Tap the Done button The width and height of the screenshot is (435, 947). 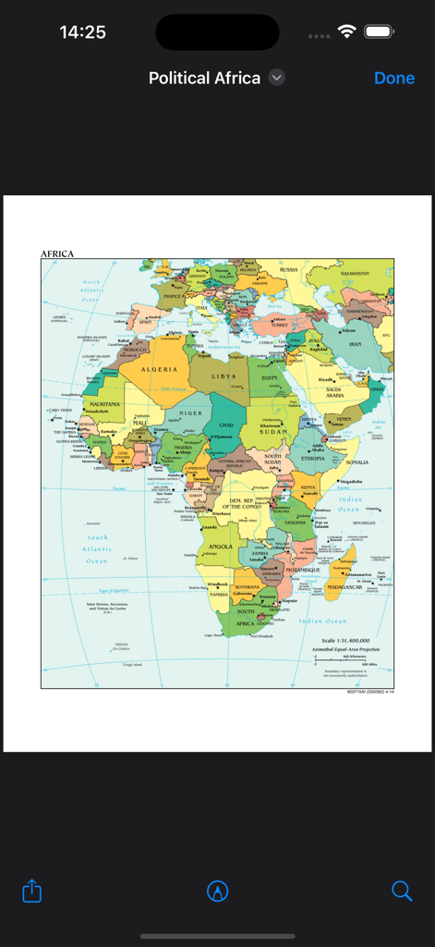[394, 79]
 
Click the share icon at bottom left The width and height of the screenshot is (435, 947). [32, 891]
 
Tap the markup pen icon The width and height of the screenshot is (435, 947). [218, 891]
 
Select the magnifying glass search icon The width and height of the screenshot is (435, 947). [402, 891]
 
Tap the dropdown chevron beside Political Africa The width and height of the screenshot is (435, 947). [277, 79]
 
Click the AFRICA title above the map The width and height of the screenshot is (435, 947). [57, 253]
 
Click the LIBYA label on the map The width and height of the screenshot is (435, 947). [224, 376]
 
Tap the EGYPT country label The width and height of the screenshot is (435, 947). [270, 378]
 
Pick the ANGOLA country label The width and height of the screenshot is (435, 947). [221, 546]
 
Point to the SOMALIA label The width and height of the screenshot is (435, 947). [356, 461]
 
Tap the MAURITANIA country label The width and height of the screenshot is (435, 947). [104, 404]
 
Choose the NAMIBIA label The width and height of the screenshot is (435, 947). [218, 594]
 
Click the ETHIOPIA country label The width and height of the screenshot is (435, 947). [312, 458]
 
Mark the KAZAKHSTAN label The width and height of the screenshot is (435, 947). [355, 274]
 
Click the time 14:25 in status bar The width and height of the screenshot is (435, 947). [82, 32]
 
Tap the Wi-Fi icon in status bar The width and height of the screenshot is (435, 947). [347, 31]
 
